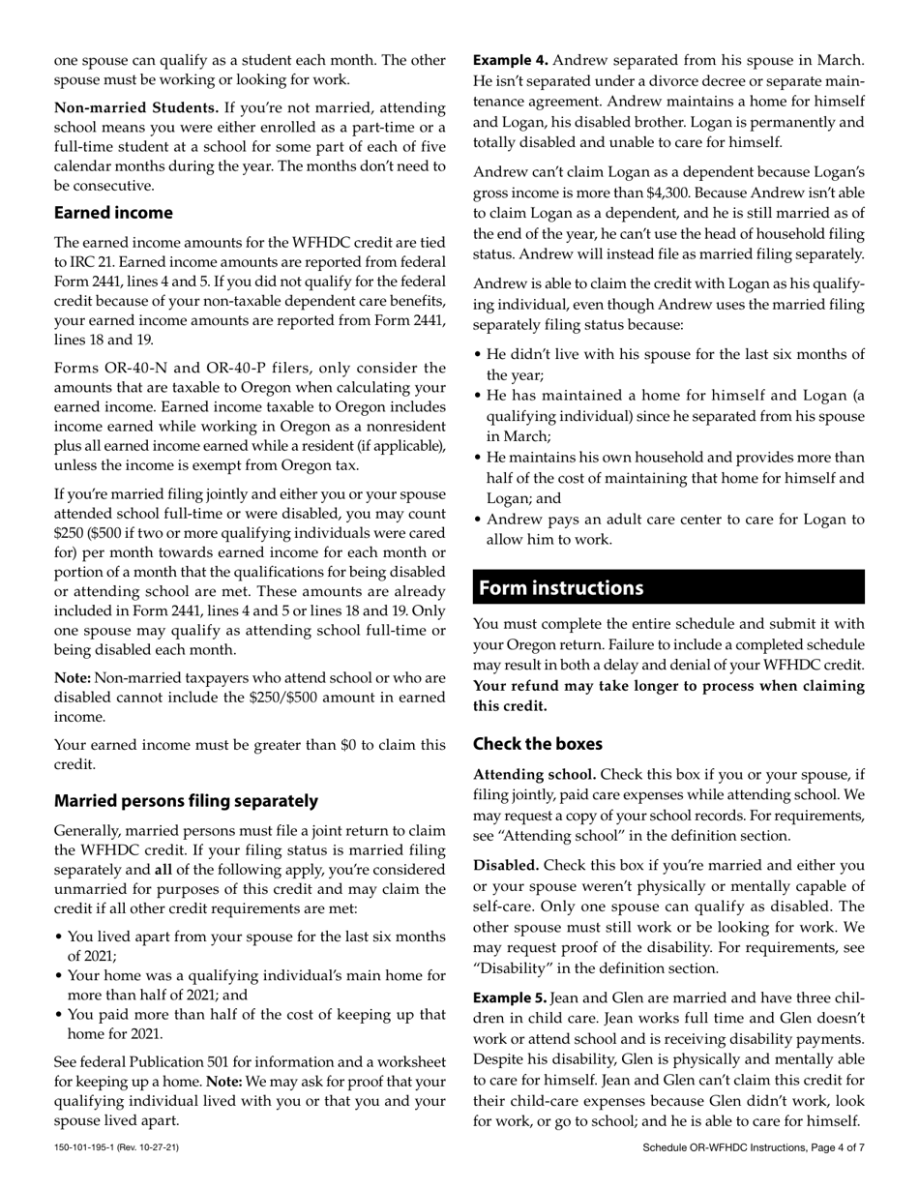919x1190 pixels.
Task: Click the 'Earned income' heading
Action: click(x=113, y=213)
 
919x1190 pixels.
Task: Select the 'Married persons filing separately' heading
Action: click(x=186, y=801)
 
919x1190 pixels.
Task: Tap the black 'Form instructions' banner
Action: click(x=668, y=587)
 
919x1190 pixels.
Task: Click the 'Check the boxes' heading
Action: click(x=538, y=744)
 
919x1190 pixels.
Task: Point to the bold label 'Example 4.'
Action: click(x=510, y=60)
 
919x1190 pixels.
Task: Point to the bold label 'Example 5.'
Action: click(x=510, y=997)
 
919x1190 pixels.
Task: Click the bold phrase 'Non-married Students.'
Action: click(x=136, y=107)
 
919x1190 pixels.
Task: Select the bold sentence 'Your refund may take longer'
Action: click(x=668, y=696)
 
